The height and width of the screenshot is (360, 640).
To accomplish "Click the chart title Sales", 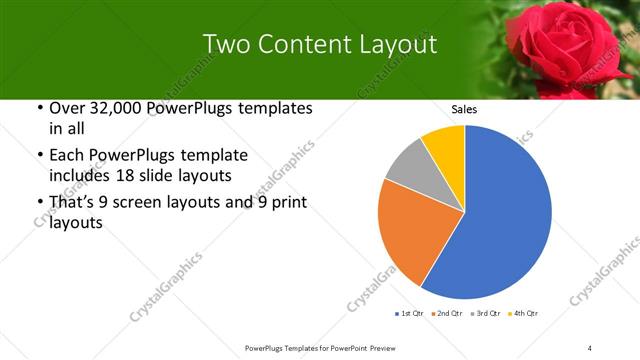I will click(463, 109).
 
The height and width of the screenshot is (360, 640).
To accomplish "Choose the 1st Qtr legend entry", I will click(410, 314).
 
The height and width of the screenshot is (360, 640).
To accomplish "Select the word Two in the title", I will click(224, 44).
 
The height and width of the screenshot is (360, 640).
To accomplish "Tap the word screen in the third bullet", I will click(139, 203).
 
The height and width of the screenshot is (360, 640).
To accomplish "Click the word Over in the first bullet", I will click(64, 108).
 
